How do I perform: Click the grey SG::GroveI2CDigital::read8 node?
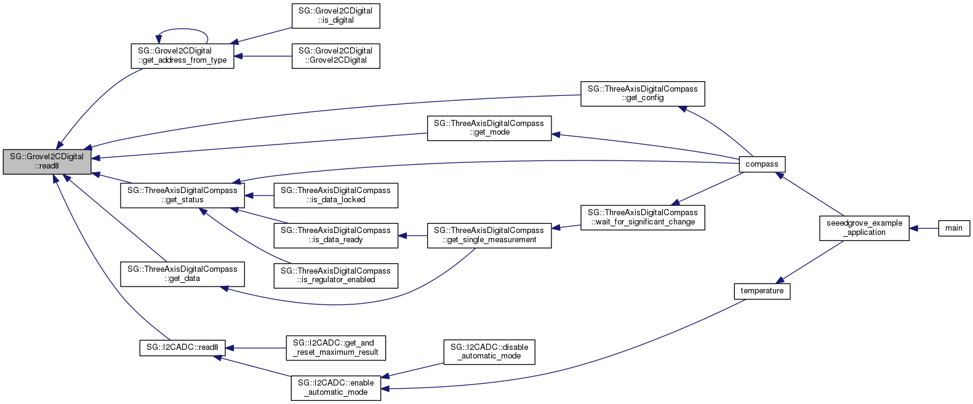[x=47, y=161]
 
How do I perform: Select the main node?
[x=953, y=228]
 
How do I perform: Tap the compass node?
[x=761, y=164]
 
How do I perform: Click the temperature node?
[x=761, y=291]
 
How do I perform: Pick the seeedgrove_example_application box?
[x=864, y=228]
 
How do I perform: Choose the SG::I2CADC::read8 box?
[x=182, y=347]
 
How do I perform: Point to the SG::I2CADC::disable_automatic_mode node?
[x=489, y=352]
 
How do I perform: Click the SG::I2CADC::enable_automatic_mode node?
[x=335, y=387]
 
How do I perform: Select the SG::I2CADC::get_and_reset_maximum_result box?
[x=335, y=347]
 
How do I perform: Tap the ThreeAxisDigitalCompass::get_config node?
[x=642, y=93]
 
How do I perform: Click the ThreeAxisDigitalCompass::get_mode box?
[x=489, y=128]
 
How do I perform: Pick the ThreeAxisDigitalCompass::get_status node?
[x=182, y=195]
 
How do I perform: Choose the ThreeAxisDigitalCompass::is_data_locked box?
[x=335, y=195]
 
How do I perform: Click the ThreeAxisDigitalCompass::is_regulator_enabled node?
[x=335, y=275]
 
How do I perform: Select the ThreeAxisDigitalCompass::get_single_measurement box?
[x=489, y=235]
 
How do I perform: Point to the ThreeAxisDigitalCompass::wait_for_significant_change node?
[x=642, y=217]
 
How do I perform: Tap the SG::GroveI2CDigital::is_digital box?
[x=335, y=15]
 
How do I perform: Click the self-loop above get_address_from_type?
[x=182, y=30]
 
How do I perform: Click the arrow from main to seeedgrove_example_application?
[x=924, y=228]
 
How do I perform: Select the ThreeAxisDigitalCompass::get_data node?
[x=182, y=274]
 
